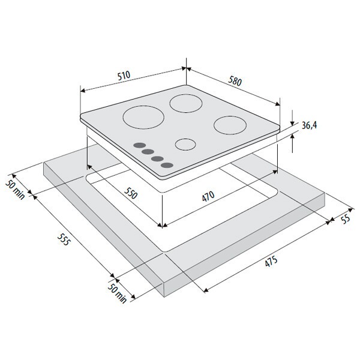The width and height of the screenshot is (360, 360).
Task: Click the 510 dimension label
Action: pyautogui.click(x=124, y=76)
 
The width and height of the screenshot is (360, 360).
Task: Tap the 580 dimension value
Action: pyautogui.click(x=235, y=81)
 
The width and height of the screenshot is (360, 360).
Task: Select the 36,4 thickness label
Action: pyautogui.click(x=309, y=125)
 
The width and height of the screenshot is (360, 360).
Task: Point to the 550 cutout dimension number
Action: pyautogui.click(x=131, y=193)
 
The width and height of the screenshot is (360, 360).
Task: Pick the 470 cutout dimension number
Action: pyautogui.click(x=208, y=196)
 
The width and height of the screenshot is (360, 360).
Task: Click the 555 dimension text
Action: pyautogui.click(x=63, y=239)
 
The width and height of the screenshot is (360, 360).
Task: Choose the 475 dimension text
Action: pyautogui.click(x=271, y=261)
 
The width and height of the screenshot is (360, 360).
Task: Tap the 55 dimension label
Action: pyautogui.click(x=346, y=218)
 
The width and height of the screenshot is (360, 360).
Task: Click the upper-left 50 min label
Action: pyautogui.click(x=15, y=190)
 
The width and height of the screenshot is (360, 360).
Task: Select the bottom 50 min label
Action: pyautogui.click(x=117, y=293)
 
